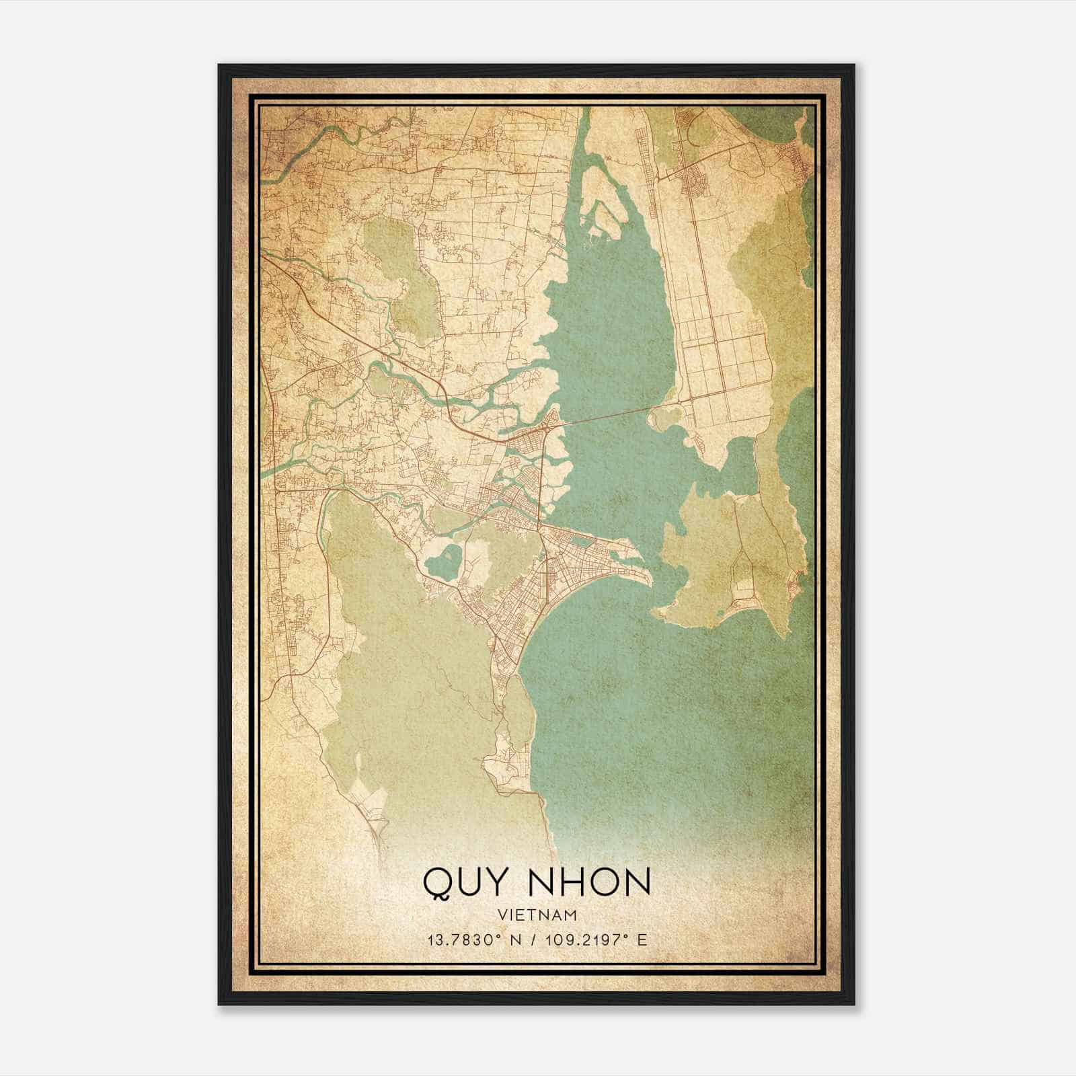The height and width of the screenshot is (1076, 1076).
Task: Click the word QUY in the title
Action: coord(465,882)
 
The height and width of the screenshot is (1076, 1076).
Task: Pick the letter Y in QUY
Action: coord(494,882)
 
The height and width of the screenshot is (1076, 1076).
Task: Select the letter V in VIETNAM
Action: coord(502,915)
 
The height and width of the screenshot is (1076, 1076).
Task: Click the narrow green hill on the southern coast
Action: coord(517,713)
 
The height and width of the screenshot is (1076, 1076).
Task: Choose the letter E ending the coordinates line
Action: coord(642,939)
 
